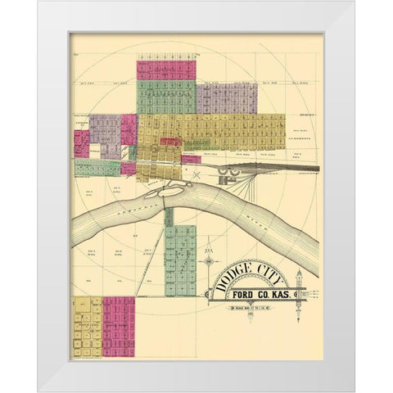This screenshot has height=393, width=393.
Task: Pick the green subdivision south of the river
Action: [x=183, y=254]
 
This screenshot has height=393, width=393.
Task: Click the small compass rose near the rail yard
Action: [x=196, y=174]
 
